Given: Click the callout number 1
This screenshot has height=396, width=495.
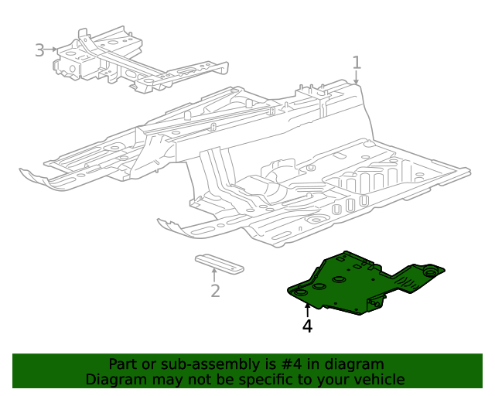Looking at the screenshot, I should coord(357,62).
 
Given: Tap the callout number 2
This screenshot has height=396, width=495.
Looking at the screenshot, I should coord(215,291).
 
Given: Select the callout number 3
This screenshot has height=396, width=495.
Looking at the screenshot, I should coord(40,50).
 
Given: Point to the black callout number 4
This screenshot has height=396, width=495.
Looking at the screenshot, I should coord(307,326).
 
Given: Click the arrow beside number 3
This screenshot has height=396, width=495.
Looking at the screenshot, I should coord(53,49).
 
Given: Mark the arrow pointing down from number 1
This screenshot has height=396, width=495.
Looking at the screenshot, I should coord(357,77).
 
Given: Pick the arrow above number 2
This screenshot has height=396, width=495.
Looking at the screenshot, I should coord(214,274).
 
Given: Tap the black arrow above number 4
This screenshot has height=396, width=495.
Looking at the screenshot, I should coord(307,310).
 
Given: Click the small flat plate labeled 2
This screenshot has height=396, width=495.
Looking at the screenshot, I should coord(218,262).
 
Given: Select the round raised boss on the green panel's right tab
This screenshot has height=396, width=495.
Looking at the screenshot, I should coord(430,270).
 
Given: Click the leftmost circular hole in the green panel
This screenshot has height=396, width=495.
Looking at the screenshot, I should coord(300,293).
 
